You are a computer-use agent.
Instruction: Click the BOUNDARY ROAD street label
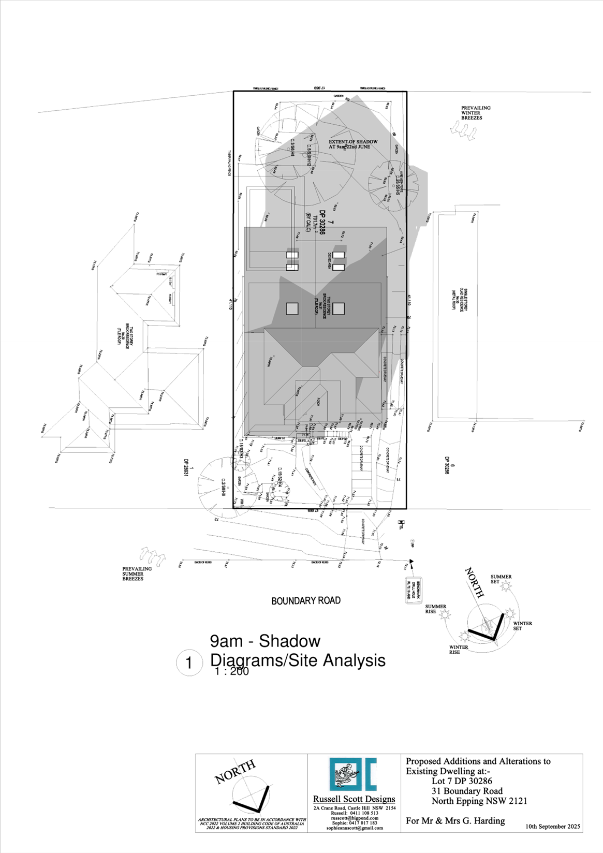[306, 600]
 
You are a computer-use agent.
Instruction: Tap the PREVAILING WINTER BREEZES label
[476, 113]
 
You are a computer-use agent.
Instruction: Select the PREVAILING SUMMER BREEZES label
[137, 573]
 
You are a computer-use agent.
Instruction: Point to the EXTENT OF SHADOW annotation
[353, 144]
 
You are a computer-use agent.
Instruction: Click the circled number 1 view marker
[188, 663]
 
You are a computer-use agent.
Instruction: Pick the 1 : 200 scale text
[231, 671]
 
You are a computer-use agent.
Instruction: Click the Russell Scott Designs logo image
[353, 774]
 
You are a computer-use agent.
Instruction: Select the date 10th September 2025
[553, 826]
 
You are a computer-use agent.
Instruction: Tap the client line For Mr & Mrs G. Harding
[455, 820]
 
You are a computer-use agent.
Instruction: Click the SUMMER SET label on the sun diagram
[501, 579]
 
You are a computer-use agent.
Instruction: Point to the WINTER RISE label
[458, 650]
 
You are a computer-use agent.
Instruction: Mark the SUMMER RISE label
[435, 609]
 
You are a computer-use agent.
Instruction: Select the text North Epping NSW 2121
[479, 801]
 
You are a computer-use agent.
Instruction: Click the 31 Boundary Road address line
[466, 791]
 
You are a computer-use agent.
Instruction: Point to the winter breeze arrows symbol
[462, 129]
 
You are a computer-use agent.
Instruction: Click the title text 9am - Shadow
[265, 641]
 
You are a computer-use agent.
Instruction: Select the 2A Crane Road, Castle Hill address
[355, 808]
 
